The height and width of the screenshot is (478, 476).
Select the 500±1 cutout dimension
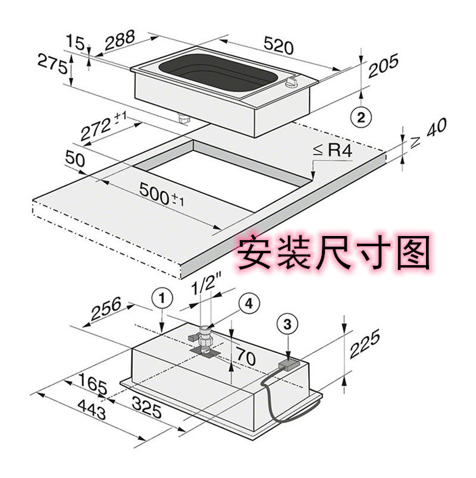(161, 194)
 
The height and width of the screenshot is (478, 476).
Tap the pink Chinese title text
(334, 253)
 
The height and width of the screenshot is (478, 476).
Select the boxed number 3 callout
(287, 324)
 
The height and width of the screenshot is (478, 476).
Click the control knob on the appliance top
(291, 83)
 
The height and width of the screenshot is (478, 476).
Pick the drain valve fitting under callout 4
(204, 339)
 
